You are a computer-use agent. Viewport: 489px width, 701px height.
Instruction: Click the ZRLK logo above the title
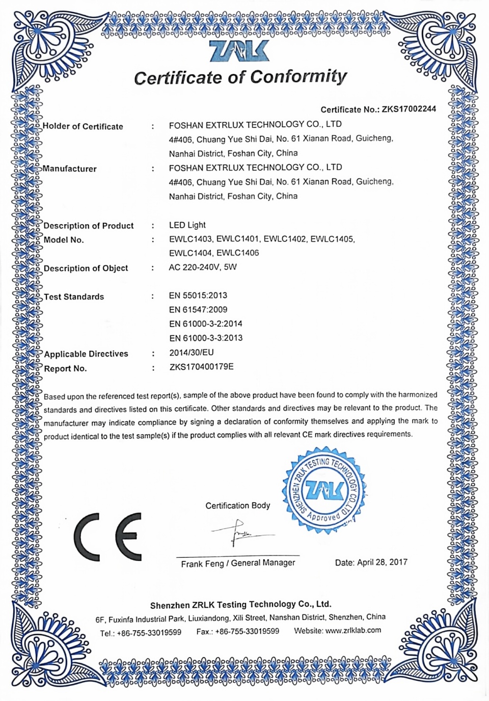tap(239, 51)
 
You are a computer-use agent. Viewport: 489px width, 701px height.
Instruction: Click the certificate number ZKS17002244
tap(409, 109)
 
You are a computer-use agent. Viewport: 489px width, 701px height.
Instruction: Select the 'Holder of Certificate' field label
tap(83, 126)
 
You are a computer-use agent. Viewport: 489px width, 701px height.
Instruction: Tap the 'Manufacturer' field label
tap(70, 169)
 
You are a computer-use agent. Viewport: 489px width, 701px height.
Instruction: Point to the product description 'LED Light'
tap(187, 225)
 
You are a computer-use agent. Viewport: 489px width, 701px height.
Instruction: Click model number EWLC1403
tap(191, 239)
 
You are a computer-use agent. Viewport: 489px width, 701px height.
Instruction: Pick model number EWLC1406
tap(237, 253)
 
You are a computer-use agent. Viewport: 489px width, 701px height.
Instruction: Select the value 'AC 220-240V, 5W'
tap(203, 267)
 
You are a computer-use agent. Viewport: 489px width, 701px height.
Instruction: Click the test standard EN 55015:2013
tap(198, 295)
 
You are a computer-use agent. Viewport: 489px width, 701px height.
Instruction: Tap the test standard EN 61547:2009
tap(198, 310)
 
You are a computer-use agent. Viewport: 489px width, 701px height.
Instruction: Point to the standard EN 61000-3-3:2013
tap(206, 338)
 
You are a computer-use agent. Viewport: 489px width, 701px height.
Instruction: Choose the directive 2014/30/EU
tap(192, 353)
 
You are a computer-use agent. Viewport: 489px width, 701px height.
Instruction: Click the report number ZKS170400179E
tap(201, 367)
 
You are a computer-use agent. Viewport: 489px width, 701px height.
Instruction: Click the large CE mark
tap(108, 536)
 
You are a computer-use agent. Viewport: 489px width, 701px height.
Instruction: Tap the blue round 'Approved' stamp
tap(324, 491)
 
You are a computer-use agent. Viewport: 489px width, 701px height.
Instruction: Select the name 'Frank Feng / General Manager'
tap(238, 563)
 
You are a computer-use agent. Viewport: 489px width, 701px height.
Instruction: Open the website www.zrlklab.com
tap(353, 631)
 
